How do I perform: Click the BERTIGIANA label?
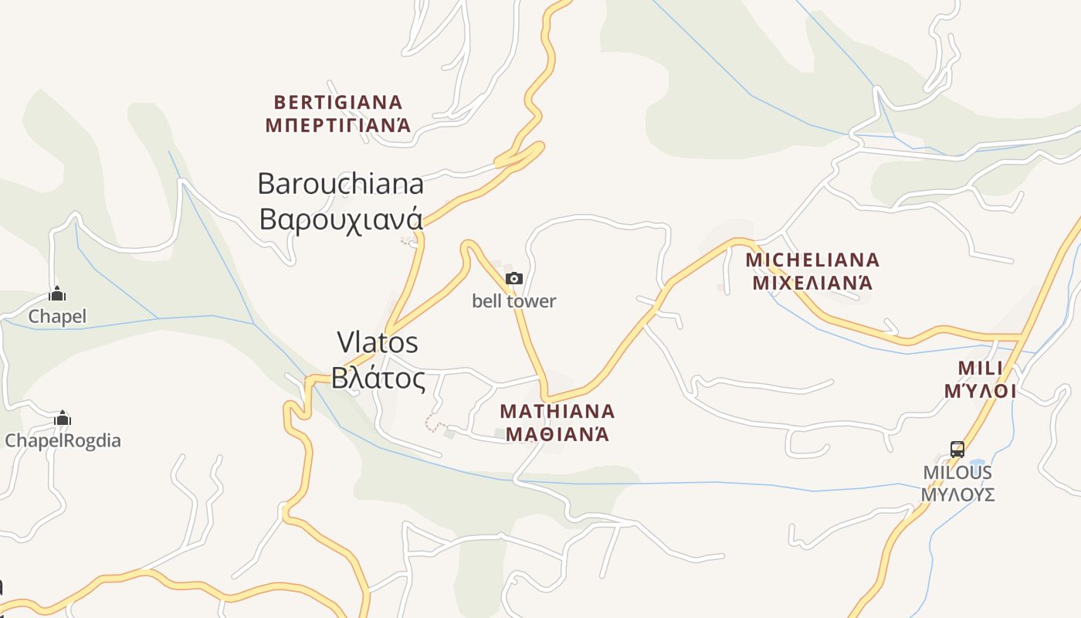point(338,102)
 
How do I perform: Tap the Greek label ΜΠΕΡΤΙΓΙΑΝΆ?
point(338,125)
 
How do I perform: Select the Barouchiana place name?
point(341,184)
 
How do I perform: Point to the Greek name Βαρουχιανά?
point(341,219)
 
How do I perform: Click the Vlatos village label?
point(378,341)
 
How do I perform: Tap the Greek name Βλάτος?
point(378,379)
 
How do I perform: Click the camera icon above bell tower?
point(513,278)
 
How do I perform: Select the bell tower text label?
point(513,301)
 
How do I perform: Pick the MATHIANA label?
point(557,410)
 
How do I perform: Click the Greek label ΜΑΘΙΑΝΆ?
point(557,434)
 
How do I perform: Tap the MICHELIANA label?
point(812,260)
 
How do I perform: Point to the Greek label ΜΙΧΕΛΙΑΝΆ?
point(812,283)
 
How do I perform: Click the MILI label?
point(980,367)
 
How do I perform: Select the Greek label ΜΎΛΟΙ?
point(980,391)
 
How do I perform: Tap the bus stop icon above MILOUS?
point(957,449)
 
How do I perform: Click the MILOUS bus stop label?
point(957,472)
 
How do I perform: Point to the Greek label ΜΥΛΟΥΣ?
point(957,494)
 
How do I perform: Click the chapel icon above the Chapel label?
point(57,294)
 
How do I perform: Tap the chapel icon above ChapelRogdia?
point(63,419)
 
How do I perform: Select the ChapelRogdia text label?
point(63,441)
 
